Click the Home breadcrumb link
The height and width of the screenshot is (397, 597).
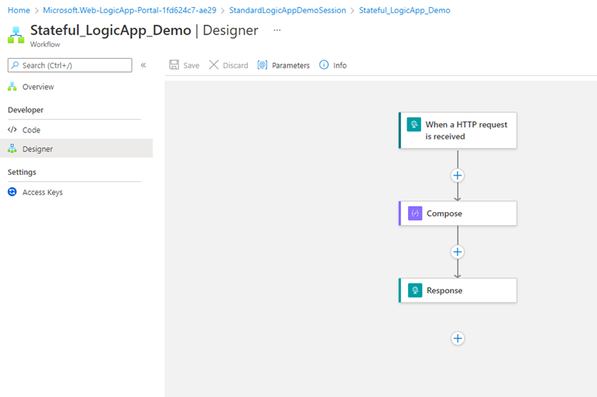(x=18, y=10)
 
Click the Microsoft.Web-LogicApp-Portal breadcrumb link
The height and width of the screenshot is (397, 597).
(x=129, y=10)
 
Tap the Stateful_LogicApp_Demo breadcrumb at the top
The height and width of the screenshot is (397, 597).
(x=404, y=10)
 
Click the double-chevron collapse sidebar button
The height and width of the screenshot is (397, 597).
(x=143, y=65)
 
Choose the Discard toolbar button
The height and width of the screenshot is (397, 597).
(x=228, y=65)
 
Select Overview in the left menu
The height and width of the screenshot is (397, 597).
(x=38, y=87)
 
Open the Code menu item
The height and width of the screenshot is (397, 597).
(x=31, y=130)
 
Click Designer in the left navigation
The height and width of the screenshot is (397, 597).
(x=37, y=149)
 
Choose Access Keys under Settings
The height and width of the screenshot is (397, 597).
(x=43, y=192)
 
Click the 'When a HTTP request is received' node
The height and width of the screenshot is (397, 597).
(x=458, y=130)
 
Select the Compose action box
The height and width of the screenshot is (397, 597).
(x=458, y=213)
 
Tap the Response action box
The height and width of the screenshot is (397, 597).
(x=458, y=290)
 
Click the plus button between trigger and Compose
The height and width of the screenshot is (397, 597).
(x=458, y=175)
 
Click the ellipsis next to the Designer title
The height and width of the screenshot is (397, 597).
(x=277, y=30)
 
